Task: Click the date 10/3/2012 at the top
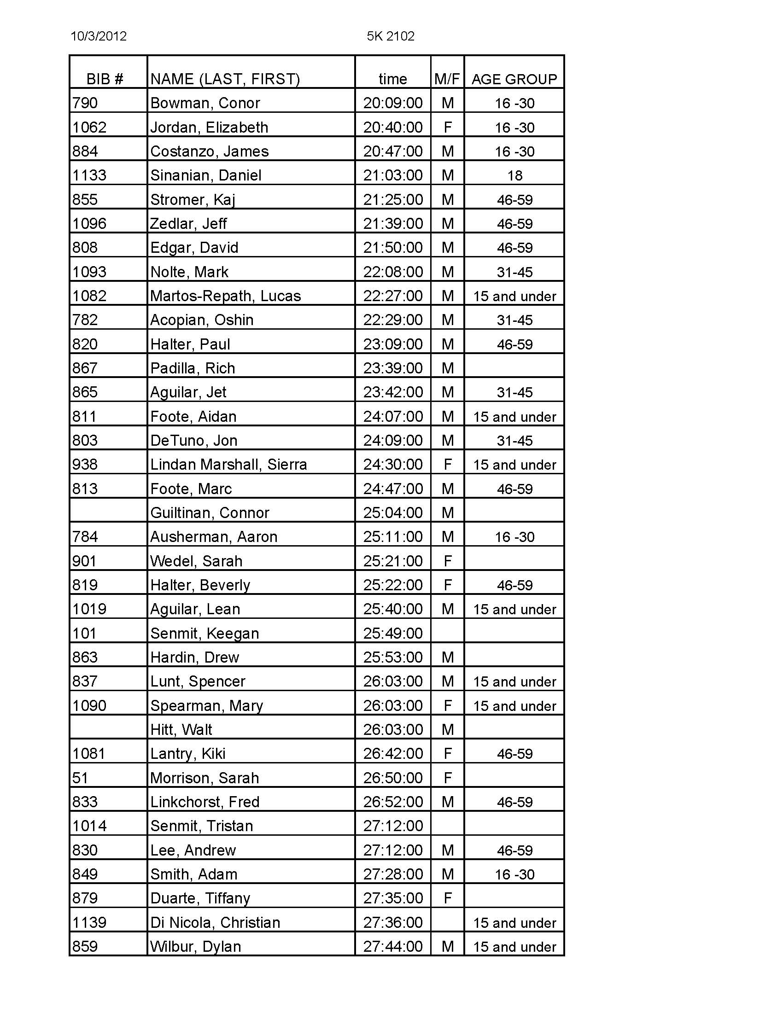click(99, 36)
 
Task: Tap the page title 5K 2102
click(390, 36)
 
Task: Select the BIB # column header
click(105, 79)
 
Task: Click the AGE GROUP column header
click(514, 79)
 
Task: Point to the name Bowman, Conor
click(205, 103)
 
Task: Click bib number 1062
click(89, 127)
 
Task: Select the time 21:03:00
click(392, 175)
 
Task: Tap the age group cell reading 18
click(514, 175)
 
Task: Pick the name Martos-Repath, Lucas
click(225, 296)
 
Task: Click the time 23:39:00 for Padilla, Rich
click(392, 368)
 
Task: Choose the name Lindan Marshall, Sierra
click(228, 464)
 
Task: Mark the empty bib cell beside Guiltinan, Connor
click(108, 512)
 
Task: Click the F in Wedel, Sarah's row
click(447, 561)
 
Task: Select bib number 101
click(84, 633)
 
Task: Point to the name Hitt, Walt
click(181, 730)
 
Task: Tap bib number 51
click(80, 778)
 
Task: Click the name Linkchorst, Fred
click(205, 802)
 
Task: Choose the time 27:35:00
click(392, 898)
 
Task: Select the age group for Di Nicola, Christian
click(514, 923)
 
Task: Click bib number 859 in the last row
click(85, 946)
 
